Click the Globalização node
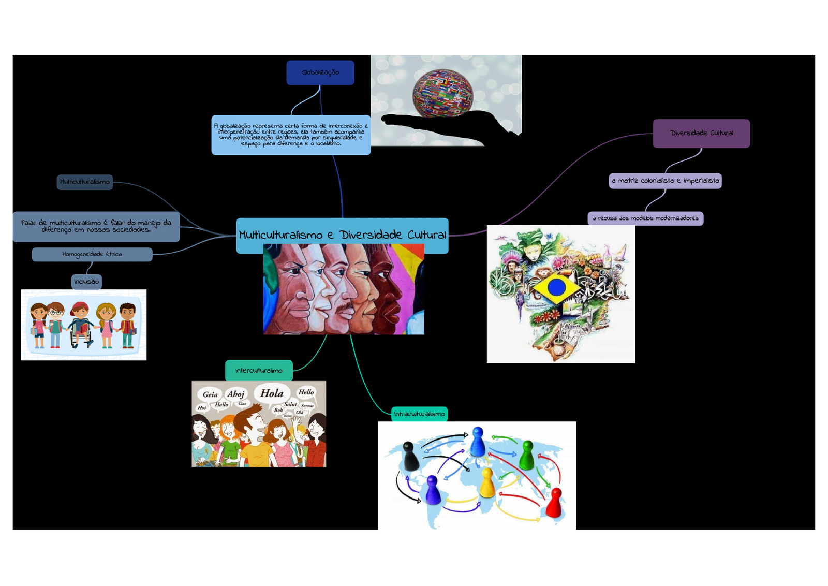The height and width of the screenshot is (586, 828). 320,72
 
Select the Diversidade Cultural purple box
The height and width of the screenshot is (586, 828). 701,133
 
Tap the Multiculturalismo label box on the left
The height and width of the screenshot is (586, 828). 84,182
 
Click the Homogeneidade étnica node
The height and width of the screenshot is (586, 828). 92,254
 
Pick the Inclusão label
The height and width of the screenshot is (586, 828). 86,282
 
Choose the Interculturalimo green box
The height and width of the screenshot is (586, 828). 259,370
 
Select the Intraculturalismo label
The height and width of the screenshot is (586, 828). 419,414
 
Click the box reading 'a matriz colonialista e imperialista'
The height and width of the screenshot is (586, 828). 665,181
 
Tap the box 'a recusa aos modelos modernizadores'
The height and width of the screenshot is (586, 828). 645,218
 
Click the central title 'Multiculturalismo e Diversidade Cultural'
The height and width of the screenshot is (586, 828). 342,235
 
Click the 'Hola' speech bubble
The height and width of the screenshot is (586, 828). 272,393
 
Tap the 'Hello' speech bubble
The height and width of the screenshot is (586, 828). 306,392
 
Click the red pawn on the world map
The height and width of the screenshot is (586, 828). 554,503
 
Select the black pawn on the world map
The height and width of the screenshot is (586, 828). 410,456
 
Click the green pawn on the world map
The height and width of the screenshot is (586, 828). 527,455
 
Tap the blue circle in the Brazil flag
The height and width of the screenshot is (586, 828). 556,287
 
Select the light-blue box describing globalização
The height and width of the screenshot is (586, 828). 291,135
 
